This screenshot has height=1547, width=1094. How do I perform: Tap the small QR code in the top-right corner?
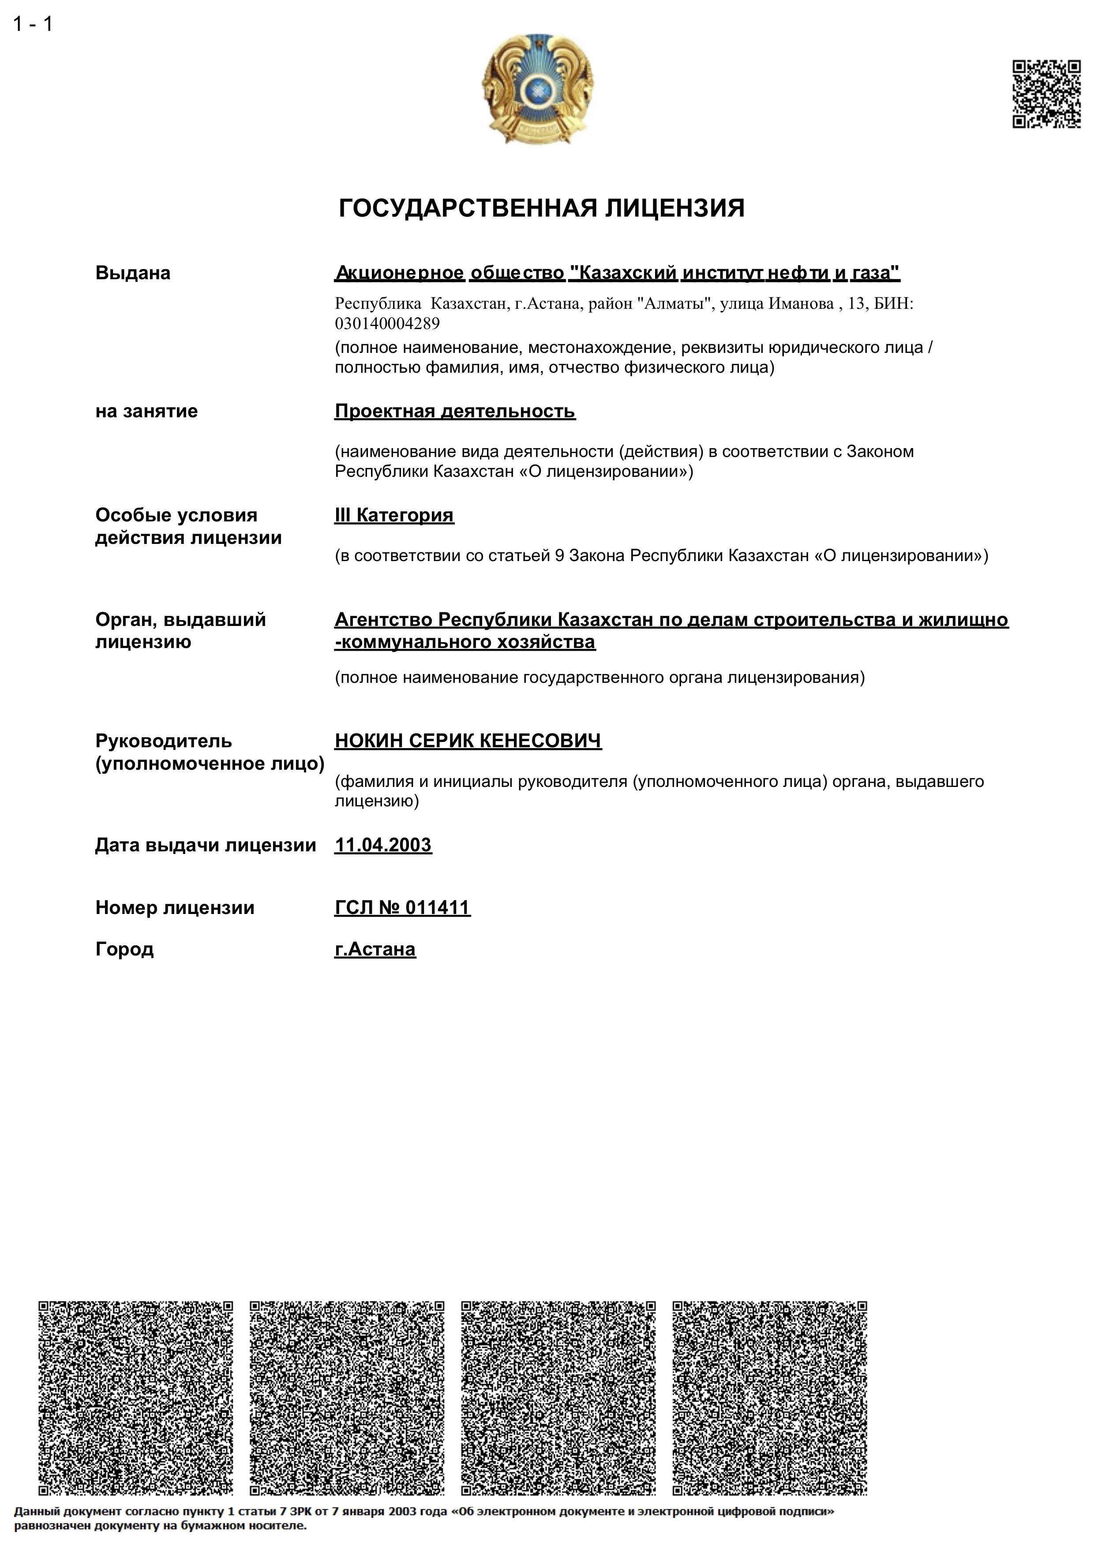[x=1046, y=94]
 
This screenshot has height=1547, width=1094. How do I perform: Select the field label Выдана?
[x=133, y=273]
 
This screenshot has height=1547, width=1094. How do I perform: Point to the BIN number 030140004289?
[x=387, y=324]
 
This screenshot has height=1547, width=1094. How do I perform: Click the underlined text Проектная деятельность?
[x=455, y=411]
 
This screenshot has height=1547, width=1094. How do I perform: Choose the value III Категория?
[x=394, y=515]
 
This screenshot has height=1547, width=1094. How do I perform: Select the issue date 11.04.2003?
[x=382, y=845]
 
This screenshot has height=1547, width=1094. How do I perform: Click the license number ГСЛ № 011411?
[x=402, y=907]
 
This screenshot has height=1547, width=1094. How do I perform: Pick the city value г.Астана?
[x=375, y=949]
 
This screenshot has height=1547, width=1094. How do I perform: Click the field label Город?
[x=125, y=949]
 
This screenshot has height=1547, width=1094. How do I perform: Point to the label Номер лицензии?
[x=175, y=907]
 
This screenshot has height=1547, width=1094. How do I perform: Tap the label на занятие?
[x=146, y=411]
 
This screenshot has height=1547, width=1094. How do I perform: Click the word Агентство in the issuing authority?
[x=383, y=620]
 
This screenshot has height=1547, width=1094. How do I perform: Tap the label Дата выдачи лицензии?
[x=206, y=845]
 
